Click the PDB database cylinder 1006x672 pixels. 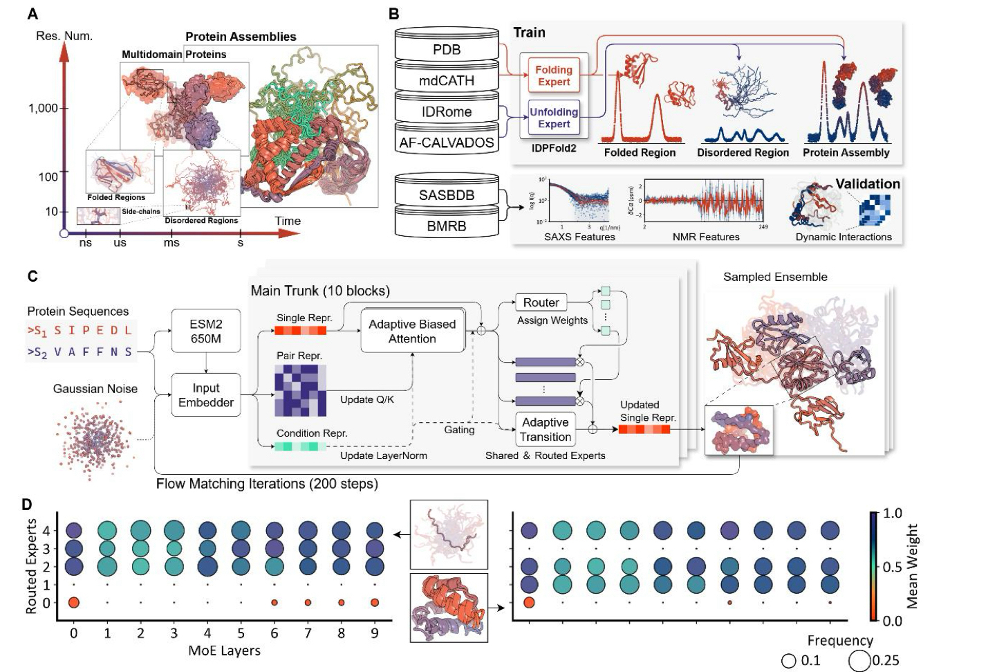[447, 49]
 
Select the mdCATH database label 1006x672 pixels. [447, 80]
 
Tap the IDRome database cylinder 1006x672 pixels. [447, 111]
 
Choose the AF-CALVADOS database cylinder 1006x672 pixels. [447, 143]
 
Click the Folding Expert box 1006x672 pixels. [553, 75]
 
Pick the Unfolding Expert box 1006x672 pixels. [553, 118]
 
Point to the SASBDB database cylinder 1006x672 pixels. [447, 195]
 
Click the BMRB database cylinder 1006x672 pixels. [447, 226]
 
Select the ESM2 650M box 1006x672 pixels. [205, 332]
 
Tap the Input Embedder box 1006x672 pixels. [205, 395]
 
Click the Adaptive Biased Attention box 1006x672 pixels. [412, 331]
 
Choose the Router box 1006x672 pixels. [541, 302]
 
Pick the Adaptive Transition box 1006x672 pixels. [546, 430]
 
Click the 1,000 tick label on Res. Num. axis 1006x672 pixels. [43, 108]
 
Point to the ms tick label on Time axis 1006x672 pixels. [171, 243]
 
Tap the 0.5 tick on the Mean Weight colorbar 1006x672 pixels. [893, 567]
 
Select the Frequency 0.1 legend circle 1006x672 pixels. [788, 661]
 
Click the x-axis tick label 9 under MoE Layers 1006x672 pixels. [375, 633]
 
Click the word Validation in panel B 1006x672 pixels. [867, 184]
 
